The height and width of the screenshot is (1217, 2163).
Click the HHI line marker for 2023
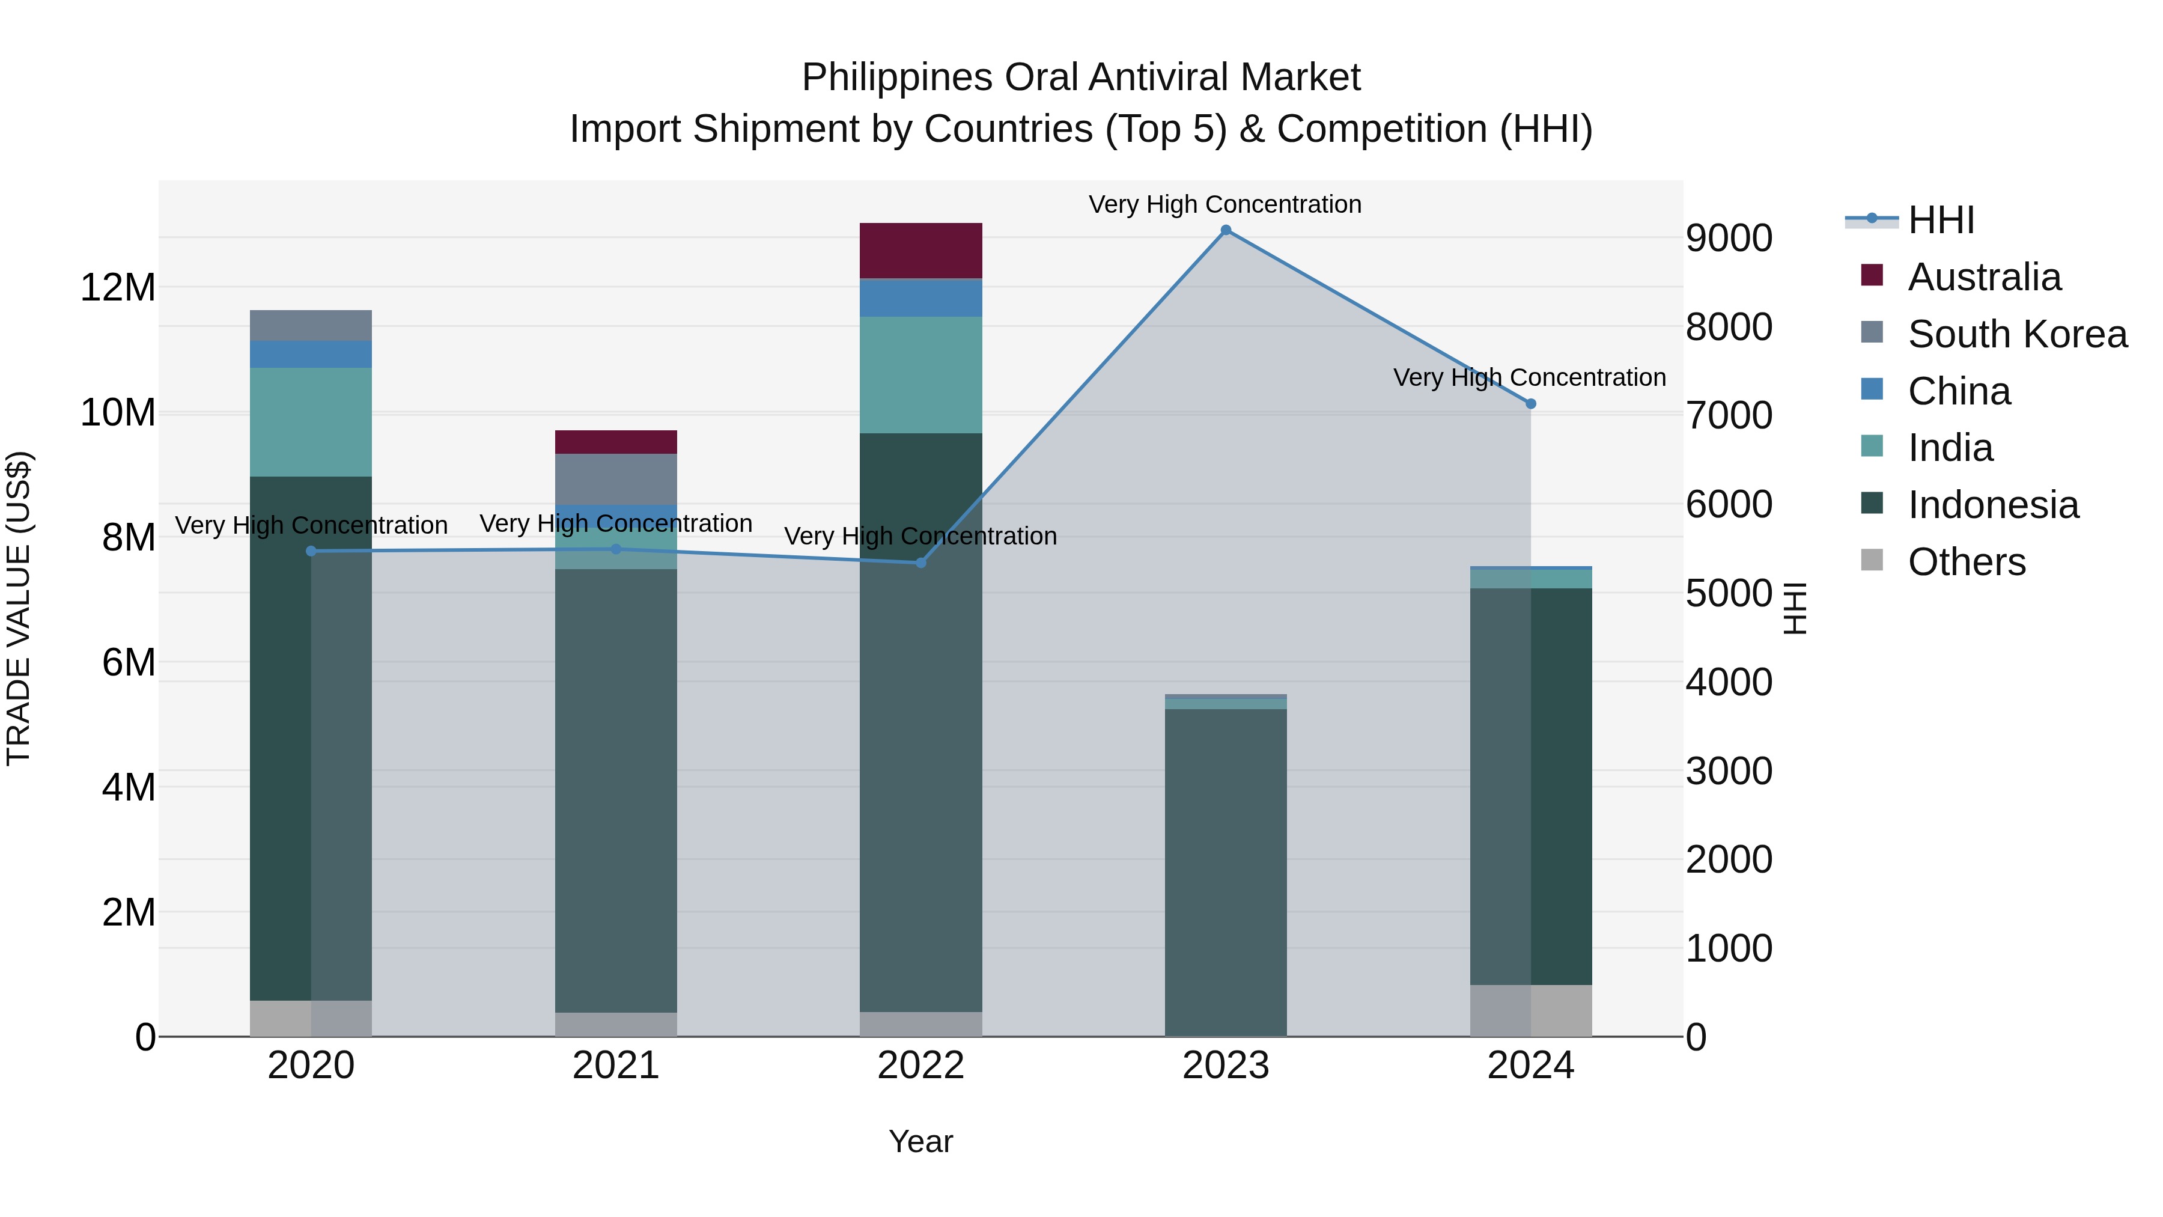(1225, 230)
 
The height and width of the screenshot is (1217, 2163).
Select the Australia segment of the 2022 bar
(920, 250)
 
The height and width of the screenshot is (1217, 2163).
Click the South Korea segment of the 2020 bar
(311, 325)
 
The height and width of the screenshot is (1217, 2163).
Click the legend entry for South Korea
(2017, 334)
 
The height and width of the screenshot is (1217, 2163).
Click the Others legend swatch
(1872, 560)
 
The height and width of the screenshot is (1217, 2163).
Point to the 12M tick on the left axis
(118, 288)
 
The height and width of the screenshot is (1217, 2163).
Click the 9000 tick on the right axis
(1729, 239)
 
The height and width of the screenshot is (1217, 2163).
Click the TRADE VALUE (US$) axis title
(19, 608)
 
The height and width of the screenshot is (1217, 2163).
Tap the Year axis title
(920, 1141)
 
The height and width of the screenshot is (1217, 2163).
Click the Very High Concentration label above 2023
(1225, 204)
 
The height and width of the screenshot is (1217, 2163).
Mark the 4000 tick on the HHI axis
(1729, 682)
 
